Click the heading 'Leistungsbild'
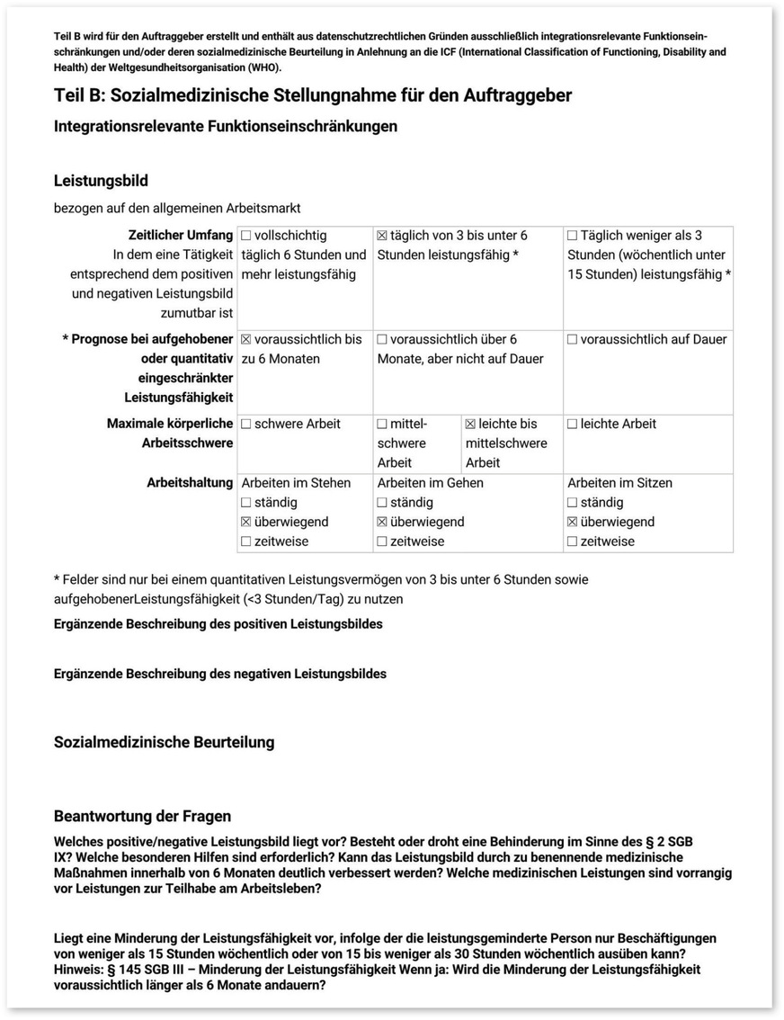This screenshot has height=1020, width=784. point(101,181)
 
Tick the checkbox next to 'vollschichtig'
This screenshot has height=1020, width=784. point(246,236)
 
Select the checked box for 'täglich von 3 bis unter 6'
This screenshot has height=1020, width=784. point(382,236)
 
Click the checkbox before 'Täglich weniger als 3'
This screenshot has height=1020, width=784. point(573,236)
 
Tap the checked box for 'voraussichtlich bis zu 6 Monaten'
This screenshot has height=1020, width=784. point(246,340)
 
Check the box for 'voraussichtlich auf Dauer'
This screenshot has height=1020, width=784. point(573,340)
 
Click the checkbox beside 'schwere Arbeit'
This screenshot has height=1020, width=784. point(246,425)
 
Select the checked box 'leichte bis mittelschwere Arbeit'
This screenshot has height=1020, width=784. point(471,425)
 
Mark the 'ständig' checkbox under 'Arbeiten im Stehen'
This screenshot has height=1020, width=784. point(246,503)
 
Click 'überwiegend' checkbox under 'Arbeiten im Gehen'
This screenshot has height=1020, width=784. point(382,523)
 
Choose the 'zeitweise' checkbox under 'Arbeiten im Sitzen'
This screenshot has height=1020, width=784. point(573,542)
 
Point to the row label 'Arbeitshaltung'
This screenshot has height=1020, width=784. point(190,483)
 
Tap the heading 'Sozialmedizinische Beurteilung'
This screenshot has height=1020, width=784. point(164,742)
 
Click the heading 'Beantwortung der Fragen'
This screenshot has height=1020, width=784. point(142,817)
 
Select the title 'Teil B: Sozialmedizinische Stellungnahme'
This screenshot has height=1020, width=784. point(312,95)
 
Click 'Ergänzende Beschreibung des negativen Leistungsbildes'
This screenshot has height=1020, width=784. point(220,674)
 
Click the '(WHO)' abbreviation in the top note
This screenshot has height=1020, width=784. point(262,67)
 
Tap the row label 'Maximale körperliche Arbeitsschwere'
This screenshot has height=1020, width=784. point(170,434)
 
